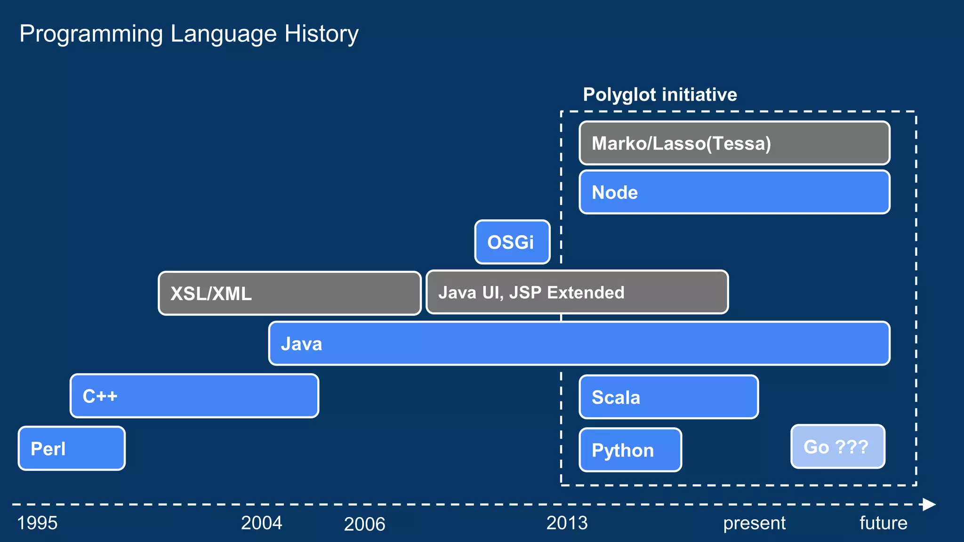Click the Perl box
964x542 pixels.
coord(72,448)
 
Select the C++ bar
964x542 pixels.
coord(194,396)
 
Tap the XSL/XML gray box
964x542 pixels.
coord(289,293)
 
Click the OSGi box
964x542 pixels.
coord(512,242)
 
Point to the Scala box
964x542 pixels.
coord(668,397)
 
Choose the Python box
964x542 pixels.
coord(630,450)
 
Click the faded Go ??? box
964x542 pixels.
coord(837,446)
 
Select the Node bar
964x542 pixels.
coord(734,192)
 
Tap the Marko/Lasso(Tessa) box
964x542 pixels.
coord(734,143)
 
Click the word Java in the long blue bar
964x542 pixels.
coord(301,344)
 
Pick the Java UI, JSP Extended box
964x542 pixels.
coord(577,292)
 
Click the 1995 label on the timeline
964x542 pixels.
coord(37,523)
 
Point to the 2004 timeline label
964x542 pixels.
coord(261,523)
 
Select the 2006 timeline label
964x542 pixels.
coord(364,524)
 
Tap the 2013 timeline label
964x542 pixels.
coord(567,523)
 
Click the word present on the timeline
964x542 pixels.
coord(754,523)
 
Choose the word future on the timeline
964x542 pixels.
coord(883,523)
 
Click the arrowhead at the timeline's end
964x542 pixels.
coord(929,504)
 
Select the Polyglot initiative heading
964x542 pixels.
coord(660,95)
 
